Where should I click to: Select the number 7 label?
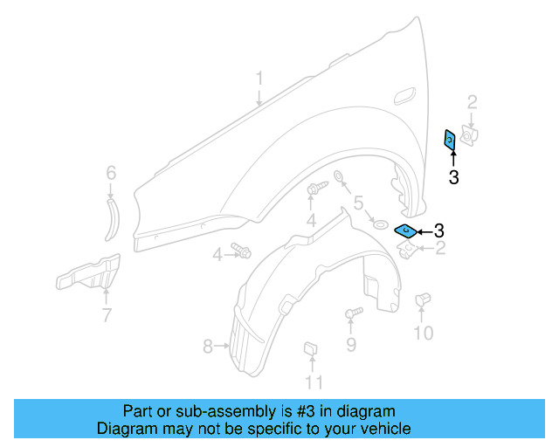click(106, 315)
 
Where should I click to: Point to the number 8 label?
click(208, 347)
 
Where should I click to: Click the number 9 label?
click(350, 345)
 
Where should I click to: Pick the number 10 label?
click(423, 333)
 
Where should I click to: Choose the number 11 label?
click(314, 382)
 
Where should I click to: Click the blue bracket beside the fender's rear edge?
click(450, 140)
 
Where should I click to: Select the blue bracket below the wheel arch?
click(405, 230)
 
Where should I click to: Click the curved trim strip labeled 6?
click(111, 218)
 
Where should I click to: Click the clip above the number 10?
click(423, 299)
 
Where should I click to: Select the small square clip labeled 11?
click(309, 350)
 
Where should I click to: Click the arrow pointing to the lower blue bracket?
click(424, 231)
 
